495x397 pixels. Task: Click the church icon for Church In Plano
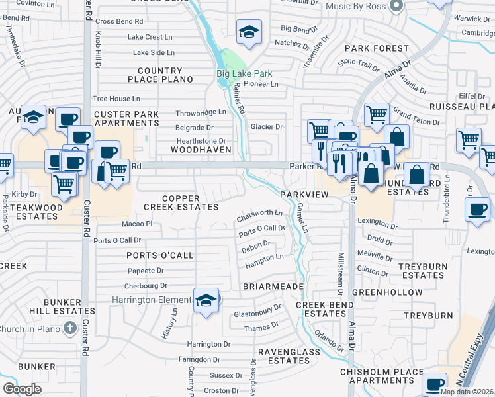pos(69,328)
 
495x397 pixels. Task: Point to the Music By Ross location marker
pos(396,6)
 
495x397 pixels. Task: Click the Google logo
pos(22,388)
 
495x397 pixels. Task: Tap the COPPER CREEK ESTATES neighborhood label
pos(181,202)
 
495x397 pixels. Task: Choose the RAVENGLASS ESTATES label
pos(284,356)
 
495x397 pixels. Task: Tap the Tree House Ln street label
pos(116,98)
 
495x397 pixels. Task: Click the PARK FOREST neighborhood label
pos(377,48)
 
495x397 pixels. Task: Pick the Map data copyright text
pos(466,392)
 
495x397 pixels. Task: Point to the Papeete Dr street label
pos(146,271)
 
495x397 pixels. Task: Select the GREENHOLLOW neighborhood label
pos(387,292)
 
